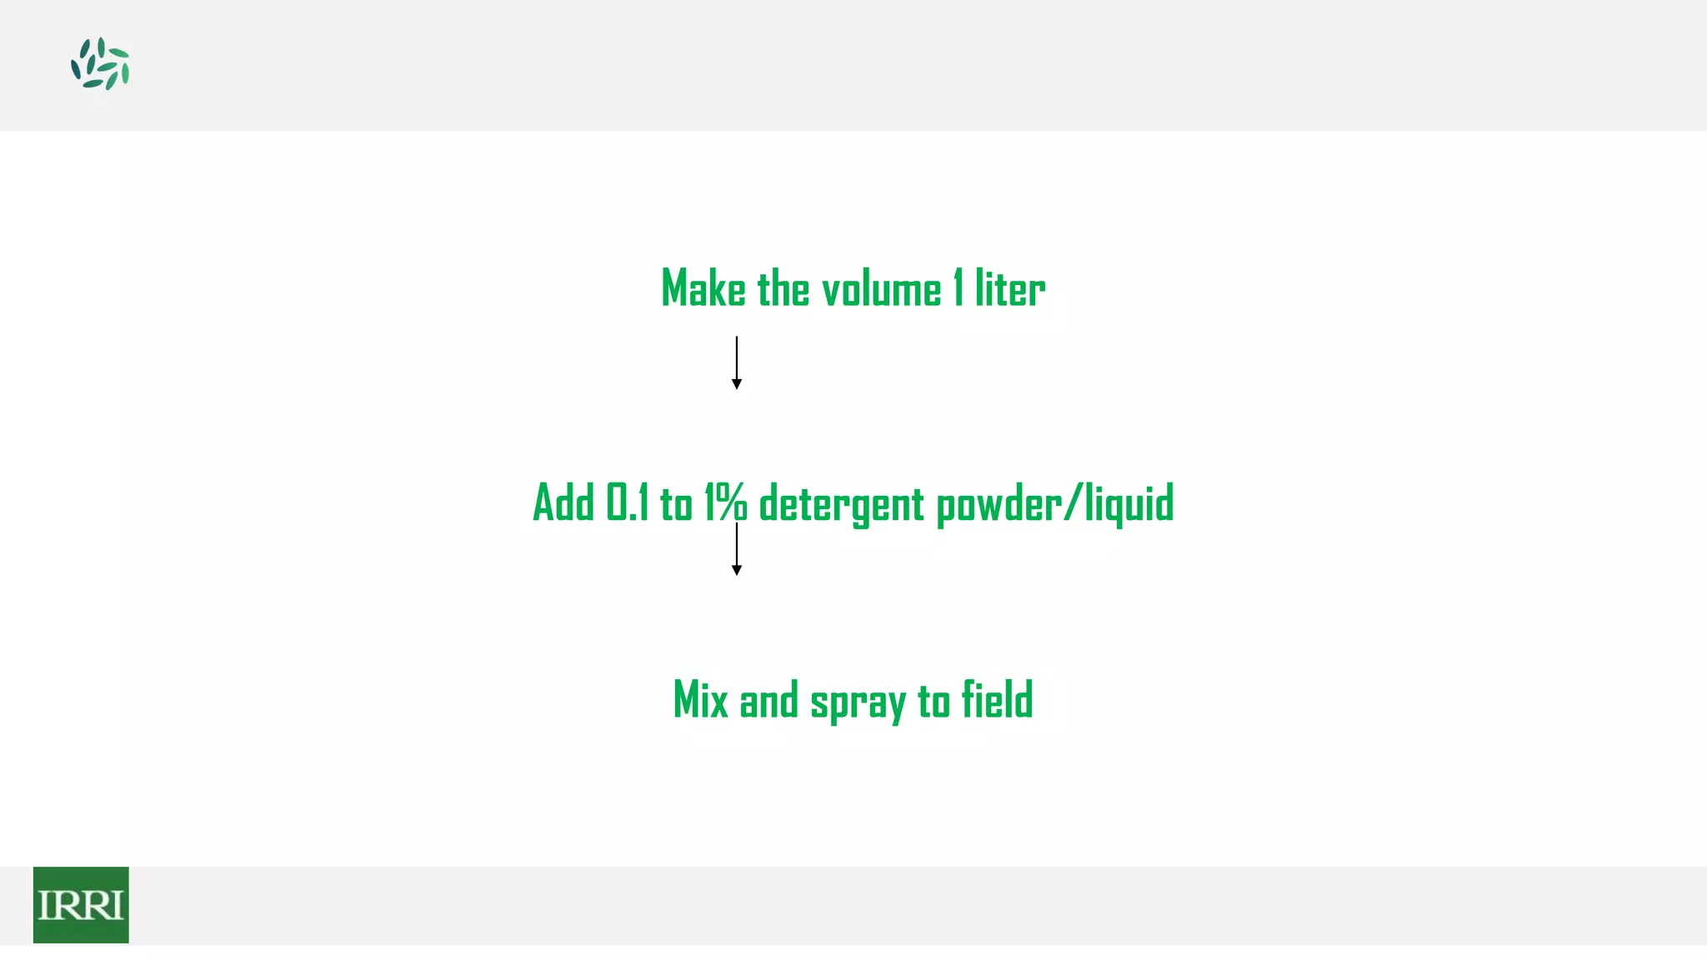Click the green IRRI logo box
[81, 904]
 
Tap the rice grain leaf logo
[100, 64]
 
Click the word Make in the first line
[703, 289]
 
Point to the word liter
[1009, 289]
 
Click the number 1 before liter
[959, 289]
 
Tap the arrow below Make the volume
[736, 362]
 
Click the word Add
[563, 503]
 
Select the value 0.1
[627, 503]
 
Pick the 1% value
[725, 503]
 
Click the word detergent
[841, 505]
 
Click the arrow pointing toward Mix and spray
[736, 550]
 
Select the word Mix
[700, 700]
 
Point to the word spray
[858, 702]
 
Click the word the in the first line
[783, 289]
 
